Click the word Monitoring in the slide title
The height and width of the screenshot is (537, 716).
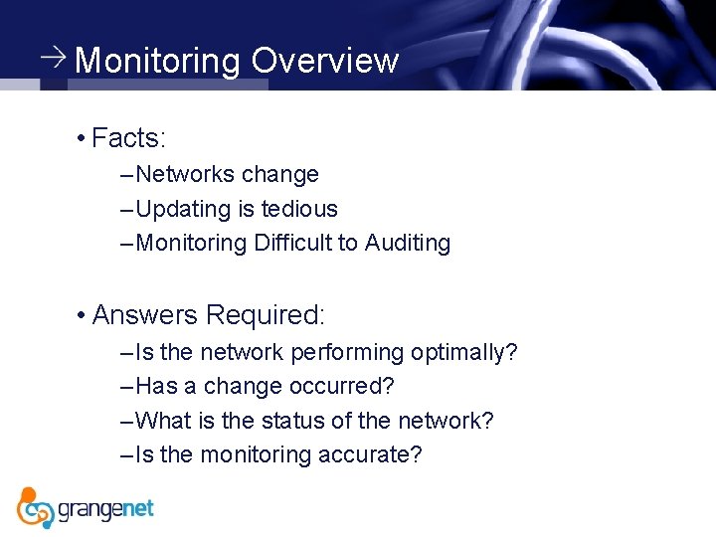coord(158,61)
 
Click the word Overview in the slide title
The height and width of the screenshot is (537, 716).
coord(324,61)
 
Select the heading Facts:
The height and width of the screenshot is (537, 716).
coord(128,137)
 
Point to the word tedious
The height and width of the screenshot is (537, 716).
coord(299,209)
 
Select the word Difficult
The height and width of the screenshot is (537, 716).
coord(293,243)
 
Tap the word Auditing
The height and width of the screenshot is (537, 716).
coord(407,243)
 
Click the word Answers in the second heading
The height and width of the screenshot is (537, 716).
coord(145,315)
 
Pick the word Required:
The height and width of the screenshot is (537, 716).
coord(266,315)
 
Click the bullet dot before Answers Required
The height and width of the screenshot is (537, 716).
coord(79,315)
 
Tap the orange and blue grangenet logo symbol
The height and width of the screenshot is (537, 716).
coord(36,507)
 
